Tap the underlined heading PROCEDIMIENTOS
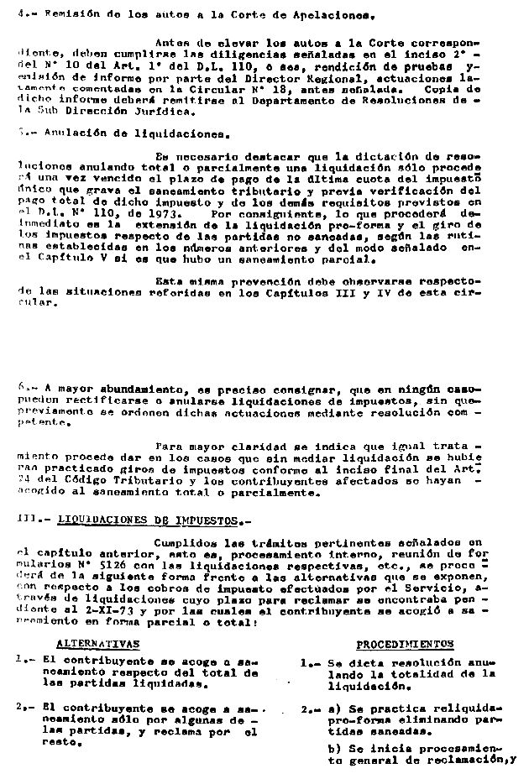coord(405,644)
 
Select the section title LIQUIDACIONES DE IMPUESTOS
coord(143,520)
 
